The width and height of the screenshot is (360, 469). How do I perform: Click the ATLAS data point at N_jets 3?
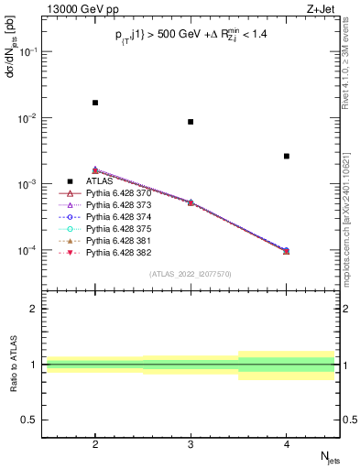(191, 122)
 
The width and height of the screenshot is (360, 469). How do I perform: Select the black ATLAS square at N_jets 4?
(287, 157)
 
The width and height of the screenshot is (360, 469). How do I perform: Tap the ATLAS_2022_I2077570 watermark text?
(191, 274)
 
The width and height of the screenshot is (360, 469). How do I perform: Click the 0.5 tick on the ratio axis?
(32, 420)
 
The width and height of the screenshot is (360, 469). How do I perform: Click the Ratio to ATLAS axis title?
(13, 365)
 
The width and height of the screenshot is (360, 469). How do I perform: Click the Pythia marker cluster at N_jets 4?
(287, 250)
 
